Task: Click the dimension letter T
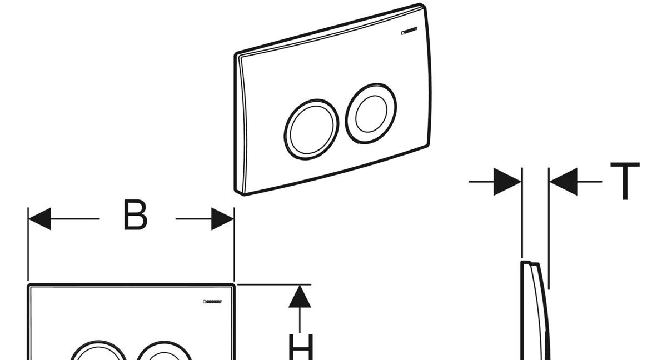coord(625,181)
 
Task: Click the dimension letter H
coord(301,347)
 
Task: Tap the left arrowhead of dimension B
coord(39,219)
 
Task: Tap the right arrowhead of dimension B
coord(222,219)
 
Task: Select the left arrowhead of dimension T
coord(507,181)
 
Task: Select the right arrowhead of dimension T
coord(563,181)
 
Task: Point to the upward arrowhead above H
coord(300,296)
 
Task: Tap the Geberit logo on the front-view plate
coord(212,302)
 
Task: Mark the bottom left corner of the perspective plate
coord(239,192)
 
